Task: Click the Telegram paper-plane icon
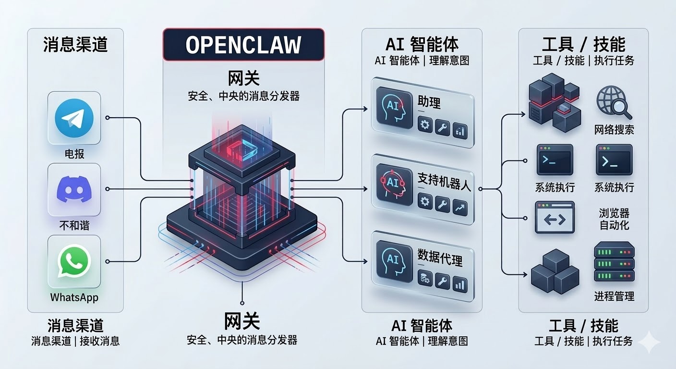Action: pyautogui.click(x=74, y=118)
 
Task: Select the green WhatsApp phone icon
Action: pyautogui.click(x=74, y=261)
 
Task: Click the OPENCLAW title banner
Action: pyautogui.click(x=243, y=45)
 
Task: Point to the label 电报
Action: pyautogui.click(x=74, y=154)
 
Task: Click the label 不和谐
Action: pyautogui.click(x=74, y=225)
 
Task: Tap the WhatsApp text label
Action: pyautogui.click(x=74, y=297)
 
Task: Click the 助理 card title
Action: pyautogui.click(x=429, y=102)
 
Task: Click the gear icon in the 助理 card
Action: pyautogui.click(x=425, y=126)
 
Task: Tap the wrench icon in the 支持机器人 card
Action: pyautogui.click(x=442, y=204)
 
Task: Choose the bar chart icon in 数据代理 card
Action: pyautogui.click(x=459, y=283)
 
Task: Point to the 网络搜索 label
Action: pyautogui.click(x=614, y=129)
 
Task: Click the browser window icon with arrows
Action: pyautogui.click(x=555, y=218)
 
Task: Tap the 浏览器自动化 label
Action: pyautogui.click(x=614, y=219)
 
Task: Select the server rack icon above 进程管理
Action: pyautogui.click(x=614, y=261)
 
